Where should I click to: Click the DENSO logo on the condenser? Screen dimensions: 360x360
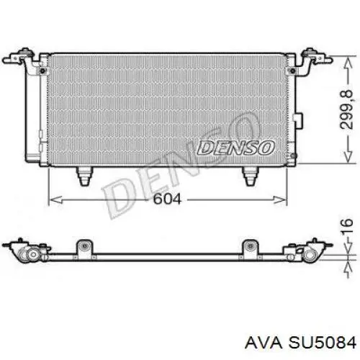tap(238, 148)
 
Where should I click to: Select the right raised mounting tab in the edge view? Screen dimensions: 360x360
tap(250, 246)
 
